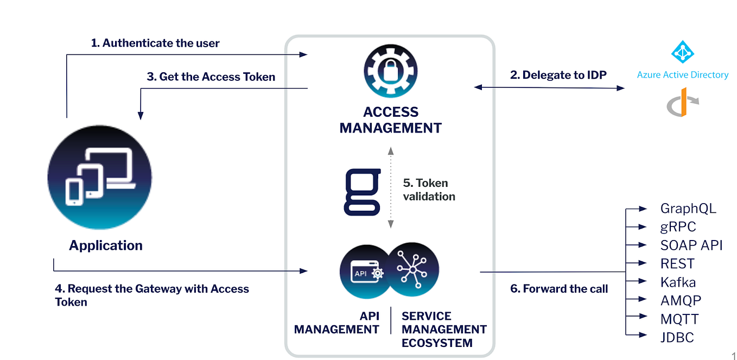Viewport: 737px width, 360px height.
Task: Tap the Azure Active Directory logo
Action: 683,53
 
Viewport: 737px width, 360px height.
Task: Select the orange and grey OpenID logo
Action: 682,103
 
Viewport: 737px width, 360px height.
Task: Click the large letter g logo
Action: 363,192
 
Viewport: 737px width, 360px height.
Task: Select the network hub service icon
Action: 414,270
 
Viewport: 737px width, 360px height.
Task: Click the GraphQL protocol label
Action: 688,209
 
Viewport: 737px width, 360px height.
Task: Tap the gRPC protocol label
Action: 678,227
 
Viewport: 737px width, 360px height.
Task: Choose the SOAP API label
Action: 691,245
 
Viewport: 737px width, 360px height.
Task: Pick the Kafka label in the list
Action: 678,282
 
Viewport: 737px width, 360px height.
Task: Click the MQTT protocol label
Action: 679,319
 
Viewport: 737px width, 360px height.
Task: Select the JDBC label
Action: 677,337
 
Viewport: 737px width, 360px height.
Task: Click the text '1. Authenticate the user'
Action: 155,43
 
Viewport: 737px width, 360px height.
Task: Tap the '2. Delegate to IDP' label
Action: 558,75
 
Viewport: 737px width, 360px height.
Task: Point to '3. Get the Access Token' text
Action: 211,77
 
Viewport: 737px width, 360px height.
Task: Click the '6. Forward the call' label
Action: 559,289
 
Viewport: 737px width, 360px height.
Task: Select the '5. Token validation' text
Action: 429,190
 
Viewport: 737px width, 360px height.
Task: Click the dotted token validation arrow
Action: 390,187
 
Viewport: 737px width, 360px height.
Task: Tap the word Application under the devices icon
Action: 106,245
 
